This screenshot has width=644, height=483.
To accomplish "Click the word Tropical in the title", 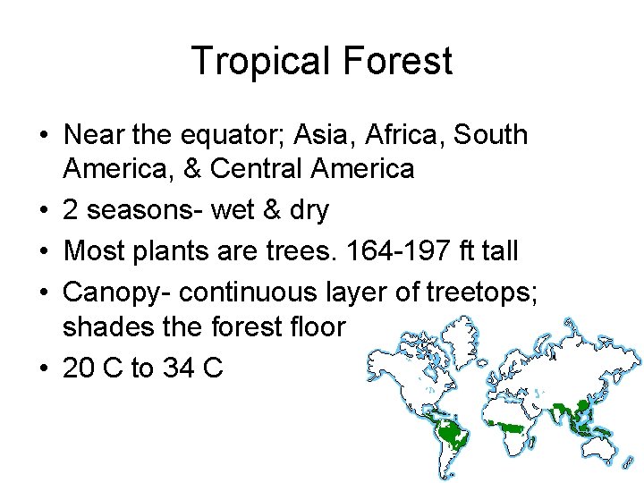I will tap(253, 61).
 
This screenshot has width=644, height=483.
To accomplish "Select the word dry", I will tap(306, 210).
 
